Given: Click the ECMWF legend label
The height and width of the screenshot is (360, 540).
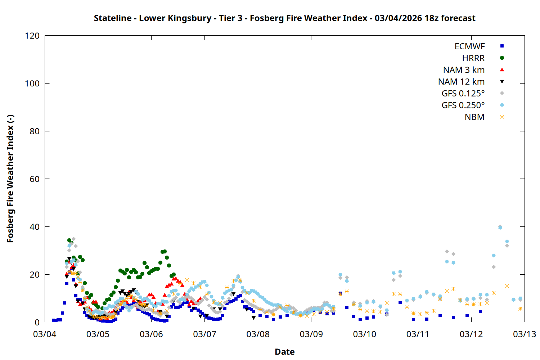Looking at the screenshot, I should [x=469, y=46].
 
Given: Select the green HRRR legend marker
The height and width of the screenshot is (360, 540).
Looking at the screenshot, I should [x=502, y=58].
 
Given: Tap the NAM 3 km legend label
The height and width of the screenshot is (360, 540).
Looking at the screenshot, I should [x=464, y=70].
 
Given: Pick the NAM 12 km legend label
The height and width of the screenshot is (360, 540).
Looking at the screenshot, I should [x=461, y=82].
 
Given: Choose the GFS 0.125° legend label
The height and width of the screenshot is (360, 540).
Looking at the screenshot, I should [x=463, y=94].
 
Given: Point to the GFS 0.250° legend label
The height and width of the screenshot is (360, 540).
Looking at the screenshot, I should [x=463, y=105].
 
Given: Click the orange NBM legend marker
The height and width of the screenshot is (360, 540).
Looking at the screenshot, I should [x=502, y=117].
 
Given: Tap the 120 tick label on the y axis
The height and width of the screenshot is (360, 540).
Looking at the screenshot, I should [x=32, y=36].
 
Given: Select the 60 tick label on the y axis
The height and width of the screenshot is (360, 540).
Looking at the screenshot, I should [x=35, y=179].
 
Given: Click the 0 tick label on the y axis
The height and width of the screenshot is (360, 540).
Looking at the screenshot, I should [x=37, y=322].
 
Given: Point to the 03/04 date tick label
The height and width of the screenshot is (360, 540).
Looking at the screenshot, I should [x=45, y=334].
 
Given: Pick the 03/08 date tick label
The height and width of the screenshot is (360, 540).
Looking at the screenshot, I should [x=258, y=334].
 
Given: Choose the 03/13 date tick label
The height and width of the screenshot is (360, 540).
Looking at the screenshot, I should [x=524, y=334].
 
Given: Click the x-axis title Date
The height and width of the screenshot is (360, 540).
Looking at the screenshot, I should [x=284, y=352].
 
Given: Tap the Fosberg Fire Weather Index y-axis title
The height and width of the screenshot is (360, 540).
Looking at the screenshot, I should [x=10, y=179].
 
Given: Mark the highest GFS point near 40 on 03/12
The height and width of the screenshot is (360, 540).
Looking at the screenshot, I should [x=500, y=227].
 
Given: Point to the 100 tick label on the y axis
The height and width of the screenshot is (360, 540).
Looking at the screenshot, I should [x=32, y=84].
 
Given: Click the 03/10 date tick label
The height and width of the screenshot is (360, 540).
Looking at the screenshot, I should [x=364, y=334].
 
